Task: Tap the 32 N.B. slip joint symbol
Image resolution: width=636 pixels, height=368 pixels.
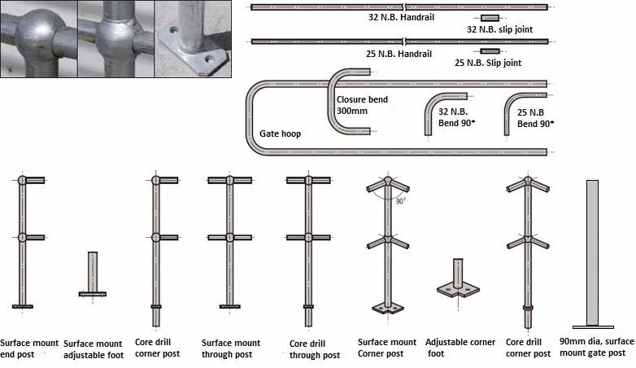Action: [490, 18]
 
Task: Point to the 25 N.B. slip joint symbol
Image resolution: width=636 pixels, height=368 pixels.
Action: [490, 51]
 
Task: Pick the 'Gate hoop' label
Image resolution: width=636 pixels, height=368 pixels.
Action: [280, 133]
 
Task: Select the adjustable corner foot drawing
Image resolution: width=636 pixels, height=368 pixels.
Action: [457, 281]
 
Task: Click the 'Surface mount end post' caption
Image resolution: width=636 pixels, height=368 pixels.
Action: [29, 348]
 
